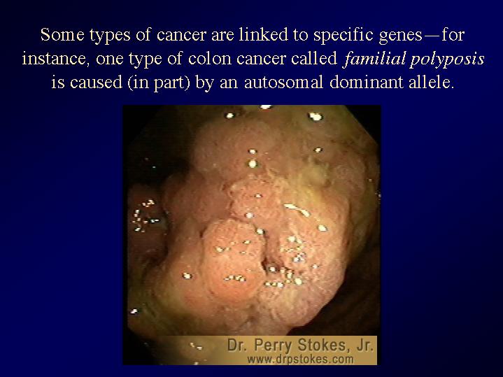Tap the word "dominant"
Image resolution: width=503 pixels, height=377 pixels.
click(x=367, y=83)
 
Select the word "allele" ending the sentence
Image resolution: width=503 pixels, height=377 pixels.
click(x=430, y=83)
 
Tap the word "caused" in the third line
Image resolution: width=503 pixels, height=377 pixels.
click(x=96, y=83)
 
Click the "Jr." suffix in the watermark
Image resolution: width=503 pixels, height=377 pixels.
click(x=365, y=346)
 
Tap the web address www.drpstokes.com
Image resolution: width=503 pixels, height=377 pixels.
click(x=301, y=359)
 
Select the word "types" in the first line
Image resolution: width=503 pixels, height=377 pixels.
click(x=110, y=36)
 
